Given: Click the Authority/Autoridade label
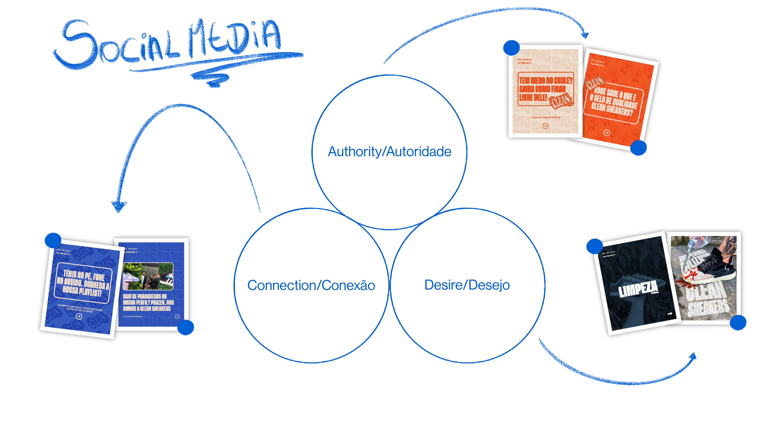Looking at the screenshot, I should click(x=389, y=152).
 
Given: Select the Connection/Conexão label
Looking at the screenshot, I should click(x=311, y=285).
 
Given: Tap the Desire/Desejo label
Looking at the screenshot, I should click(x=467, y=285).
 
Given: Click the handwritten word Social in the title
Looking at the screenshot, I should click(x=118, y=45).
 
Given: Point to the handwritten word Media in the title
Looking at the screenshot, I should click(x=234, y=38).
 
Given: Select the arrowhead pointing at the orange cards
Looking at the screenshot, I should click(x=584, y=34).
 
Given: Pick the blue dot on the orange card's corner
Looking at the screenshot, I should click(x=638, y=148).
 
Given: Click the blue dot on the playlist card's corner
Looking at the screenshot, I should click(x=53, y=240).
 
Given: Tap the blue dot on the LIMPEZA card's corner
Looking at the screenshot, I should click(x=594, y=246).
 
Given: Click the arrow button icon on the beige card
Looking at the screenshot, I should click(x=545, y=126).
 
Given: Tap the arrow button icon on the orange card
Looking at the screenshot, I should click(x=607, y=133).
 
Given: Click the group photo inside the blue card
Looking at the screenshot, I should click(x=148, y=276).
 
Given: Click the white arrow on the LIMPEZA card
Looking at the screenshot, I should click(x=670, y=314).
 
